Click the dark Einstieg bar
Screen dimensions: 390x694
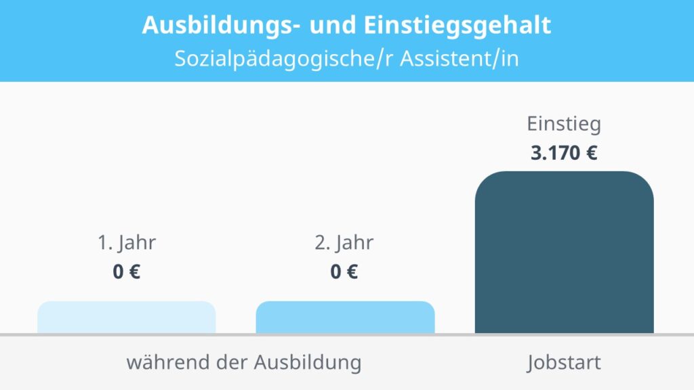[x=564, y=254]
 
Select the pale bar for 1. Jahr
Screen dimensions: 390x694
[x=127, y=318]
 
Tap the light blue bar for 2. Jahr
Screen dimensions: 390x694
[x=345, y=318]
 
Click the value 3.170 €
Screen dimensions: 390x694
[x=564, y=153]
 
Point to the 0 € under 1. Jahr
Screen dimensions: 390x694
[x=127, y=272]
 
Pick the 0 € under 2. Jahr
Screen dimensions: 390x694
[x=344, y=272]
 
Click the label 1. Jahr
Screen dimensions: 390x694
[x=127, y=243]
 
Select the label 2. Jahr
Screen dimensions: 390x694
[x=344, y=243]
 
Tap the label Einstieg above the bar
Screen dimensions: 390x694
[x=564, y=125]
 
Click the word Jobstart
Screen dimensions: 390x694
[x=564, y=363]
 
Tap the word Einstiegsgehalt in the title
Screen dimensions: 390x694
[x=455, y=26]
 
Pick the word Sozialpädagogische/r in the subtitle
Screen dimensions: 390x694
[x=283, y=58]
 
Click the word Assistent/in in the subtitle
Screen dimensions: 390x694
[x=459, y=58]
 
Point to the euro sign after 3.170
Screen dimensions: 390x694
[x=591, y=153]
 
